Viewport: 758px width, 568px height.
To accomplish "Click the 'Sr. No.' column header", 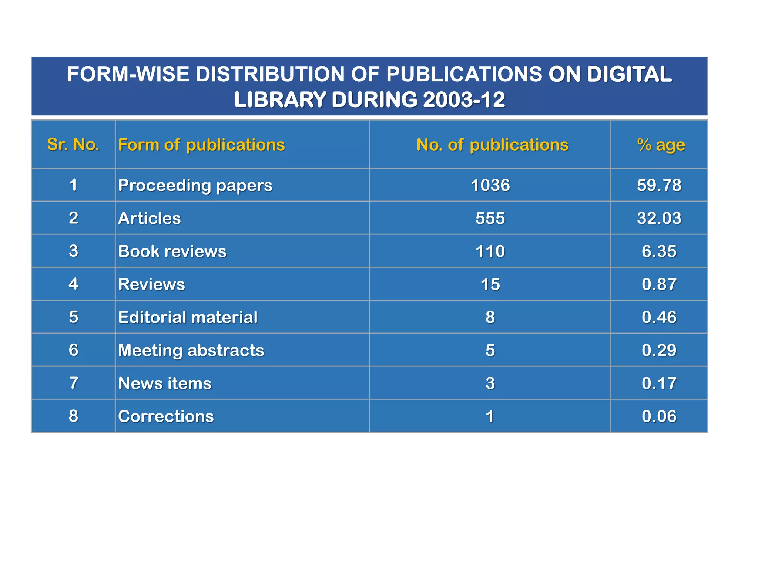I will [x=73, y=145].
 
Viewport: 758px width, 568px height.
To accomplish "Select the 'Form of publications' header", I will [x=201, y=145].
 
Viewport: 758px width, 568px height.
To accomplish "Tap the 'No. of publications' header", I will [x=492, y=145].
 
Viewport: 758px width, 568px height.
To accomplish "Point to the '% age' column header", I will [x=661, y=145].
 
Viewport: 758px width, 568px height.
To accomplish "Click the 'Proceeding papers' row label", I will [x=195, y=185].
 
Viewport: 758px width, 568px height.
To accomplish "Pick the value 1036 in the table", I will [x=490, y=185].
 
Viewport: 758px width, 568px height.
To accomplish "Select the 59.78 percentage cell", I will [x=659, y=185].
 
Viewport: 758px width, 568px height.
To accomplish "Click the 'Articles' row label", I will [x=150, y=218].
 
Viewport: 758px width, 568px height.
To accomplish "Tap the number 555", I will [x=490, y=218].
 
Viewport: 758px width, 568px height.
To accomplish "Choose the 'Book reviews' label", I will [x=172, y=251].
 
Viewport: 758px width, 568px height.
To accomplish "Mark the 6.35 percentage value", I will [x=659, y=251].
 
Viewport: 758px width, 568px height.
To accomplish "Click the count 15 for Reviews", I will [x=490, y=284].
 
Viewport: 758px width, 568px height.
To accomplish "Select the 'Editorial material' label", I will [x=188, y=317].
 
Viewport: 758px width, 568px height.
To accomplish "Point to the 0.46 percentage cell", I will [x=659, y=317].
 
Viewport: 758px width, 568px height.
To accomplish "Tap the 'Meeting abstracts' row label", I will [x=191, y=350].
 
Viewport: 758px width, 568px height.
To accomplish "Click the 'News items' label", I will [x=165, y=383].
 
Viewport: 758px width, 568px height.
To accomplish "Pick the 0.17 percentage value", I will [x=659, y=383].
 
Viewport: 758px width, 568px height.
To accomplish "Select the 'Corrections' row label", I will [x=166, y=416].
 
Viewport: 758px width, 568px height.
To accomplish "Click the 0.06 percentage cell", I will [x=659, y=416].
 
